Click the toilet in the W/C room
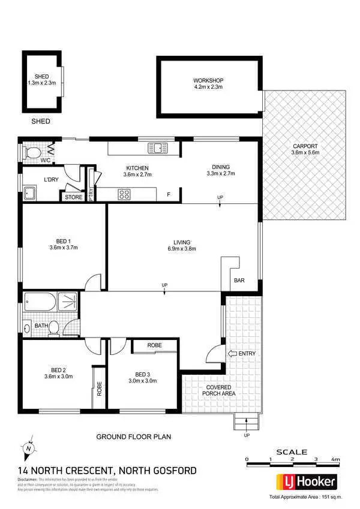[x=32, y=153]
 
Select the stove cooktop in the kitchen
[x=125, y=194]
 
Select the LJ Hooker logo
[x=305, y=481]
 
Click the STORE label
[x=73, y=197]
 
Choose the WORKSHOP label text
[x=208, y=81]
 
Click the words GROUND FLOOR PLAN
[x=134, y=436]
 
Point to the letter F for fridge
[x=169, y=194]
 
